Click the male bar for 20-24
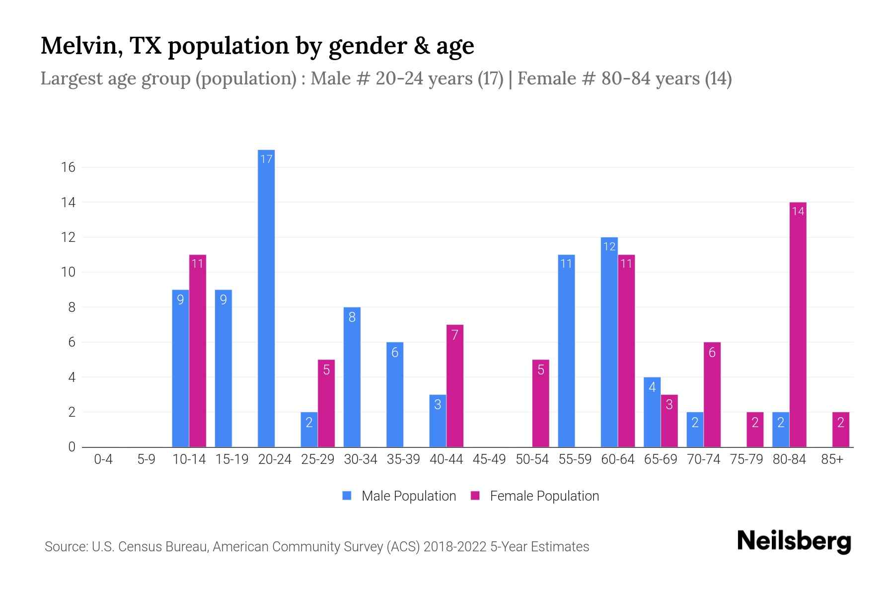(266, 298)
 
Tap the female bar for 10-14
(198, 351)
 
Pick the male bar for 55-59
(566, 351)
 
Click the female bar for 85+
(840, 430)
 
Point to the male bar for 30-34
(352, 377)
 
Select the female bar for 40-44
(454, 386)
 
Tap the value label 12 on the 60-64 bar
(609, 247)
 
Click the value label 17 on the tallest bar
(266, 159)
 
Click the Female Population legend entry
(535, 496)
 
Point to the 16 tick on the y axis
(68, 167)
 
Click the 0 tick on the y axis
(72, 447)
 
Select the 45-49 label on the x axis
(489, 459)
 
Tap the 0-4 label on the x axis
(103, 459)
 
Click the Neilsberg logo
(794, 541)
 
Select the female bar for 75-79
(754, 430)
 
